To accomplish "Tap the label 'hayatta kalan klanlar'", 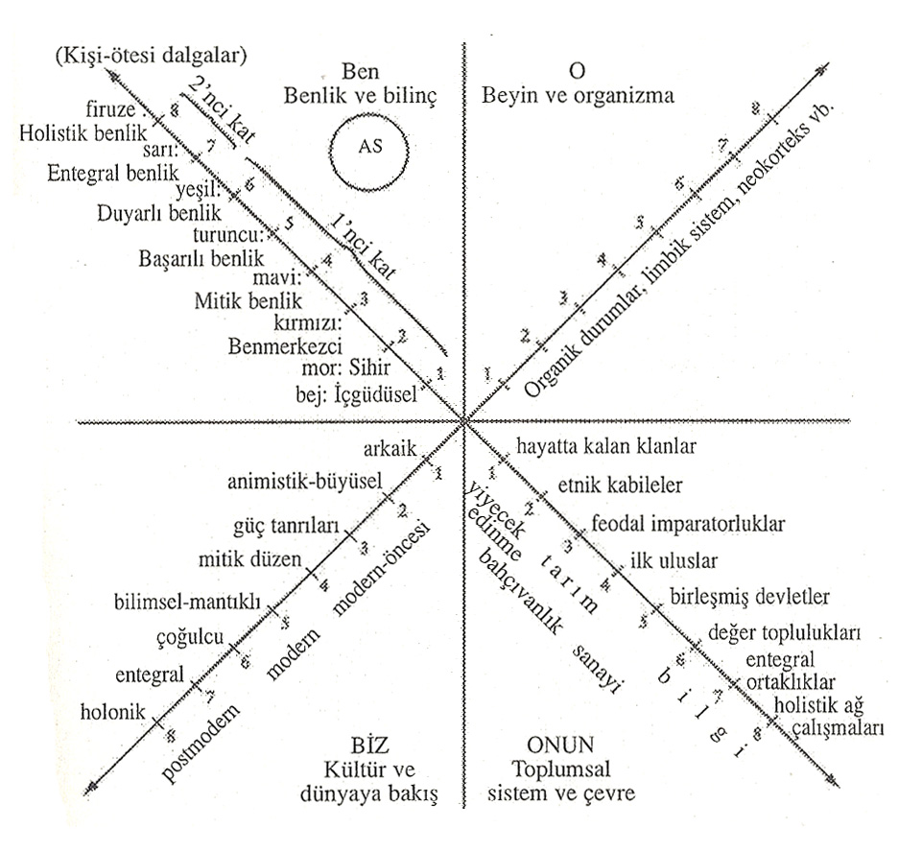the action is click(x=606, y=446).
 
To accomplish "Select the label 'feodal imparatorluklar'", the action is click(x=688, y=525).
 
